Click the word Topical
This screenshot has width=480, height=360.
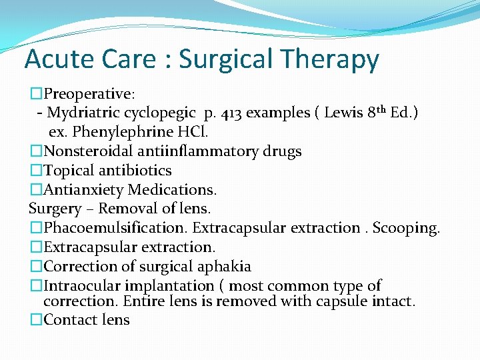pyautogui.click(x=67, y=171)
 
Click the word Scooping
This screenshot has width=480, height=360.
pyautogui.click(x=406, y=228)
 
